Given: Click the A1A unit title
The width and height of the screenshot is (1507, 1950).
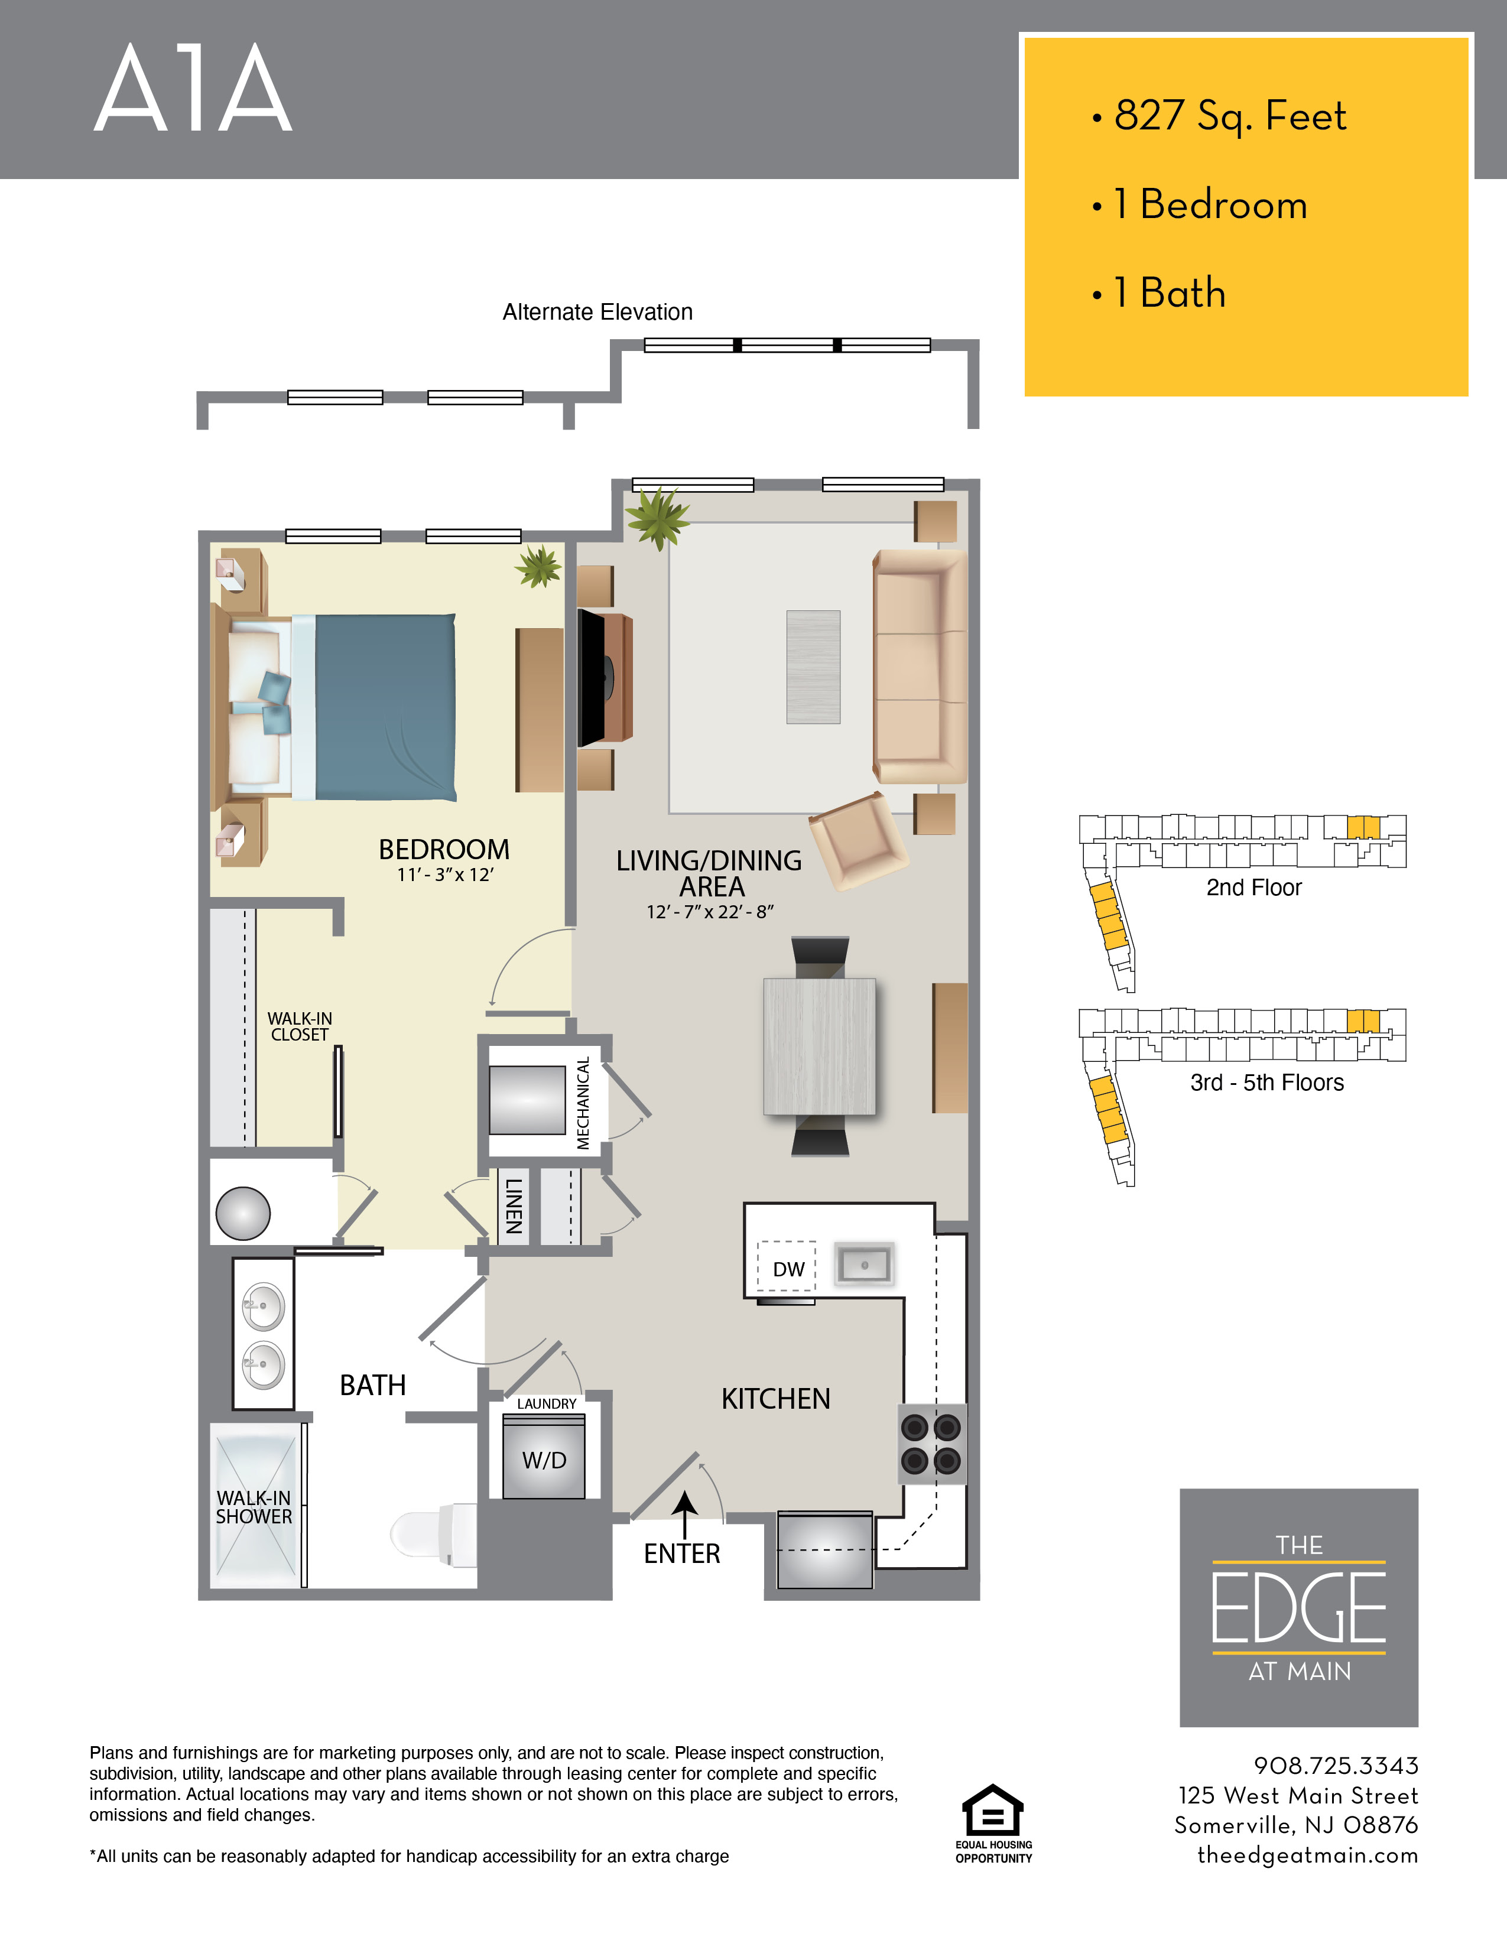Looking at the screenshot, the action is pos(193,89).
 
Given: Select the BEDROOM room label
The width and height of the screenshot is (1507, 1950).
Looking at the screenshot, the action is pos(444,849).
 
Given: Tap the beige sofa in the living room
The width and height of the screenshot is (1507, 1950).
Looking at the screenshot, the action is pos(920,667).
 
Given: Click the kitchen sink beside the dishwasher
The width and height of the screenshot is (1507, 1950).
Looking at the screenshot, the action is pos(864,1265).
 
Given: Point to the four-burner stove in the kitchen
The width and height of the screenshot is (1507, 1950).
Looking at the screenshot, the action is pos(931,1444).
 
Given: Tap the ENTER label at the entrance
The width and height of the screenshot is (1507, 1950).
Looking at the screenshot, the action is pos(682,1553).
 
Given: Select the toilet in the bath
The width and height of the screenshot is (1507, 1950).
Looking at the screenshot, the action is pos(434,1534).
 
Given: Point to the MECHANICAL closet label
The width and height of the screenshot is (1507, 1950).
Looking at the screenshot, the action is pos(583,1104).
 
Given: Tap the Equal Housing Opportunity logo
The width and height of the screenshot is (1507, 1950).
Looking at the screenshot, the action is pos(993,1824).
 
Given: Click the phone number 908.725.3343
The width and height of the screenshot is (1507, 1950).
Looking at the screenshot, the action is pos(1336,1765).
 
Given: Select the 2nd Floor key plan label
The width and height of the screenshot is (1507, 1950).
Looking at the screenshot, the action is pos(1253,888).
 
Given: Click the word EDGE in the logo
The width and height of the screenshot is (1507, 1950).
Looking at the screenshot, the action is pos(1299,1608).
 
